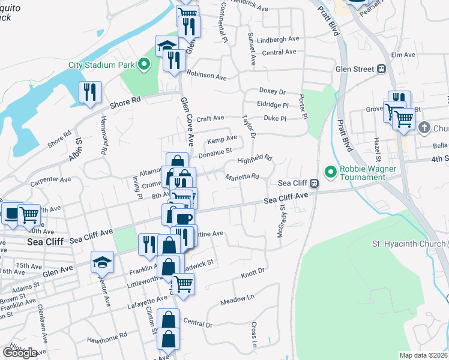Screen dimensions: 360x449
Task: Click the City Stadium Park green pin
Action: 144,64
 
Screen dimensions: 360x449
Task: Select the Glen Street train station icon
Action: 381,70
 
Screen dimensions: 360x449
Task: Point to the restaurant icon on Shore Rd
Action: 91,92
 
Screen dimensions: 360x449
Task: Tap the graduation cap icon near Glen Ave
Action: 102,261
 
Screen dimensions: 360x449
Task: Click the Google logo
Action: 20,353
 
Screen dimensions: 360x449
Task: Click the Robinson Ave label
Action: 206,76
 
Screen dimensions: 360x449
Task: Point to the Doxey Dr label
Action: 272,91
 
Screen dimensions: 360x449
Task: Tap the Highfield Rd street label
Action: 255,160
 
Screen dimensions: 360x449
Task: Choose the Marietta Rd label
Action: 242,177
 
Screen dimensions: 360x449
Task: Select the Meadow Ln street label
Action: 237,298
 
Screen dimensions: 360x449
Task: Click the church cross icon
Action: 424,127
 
